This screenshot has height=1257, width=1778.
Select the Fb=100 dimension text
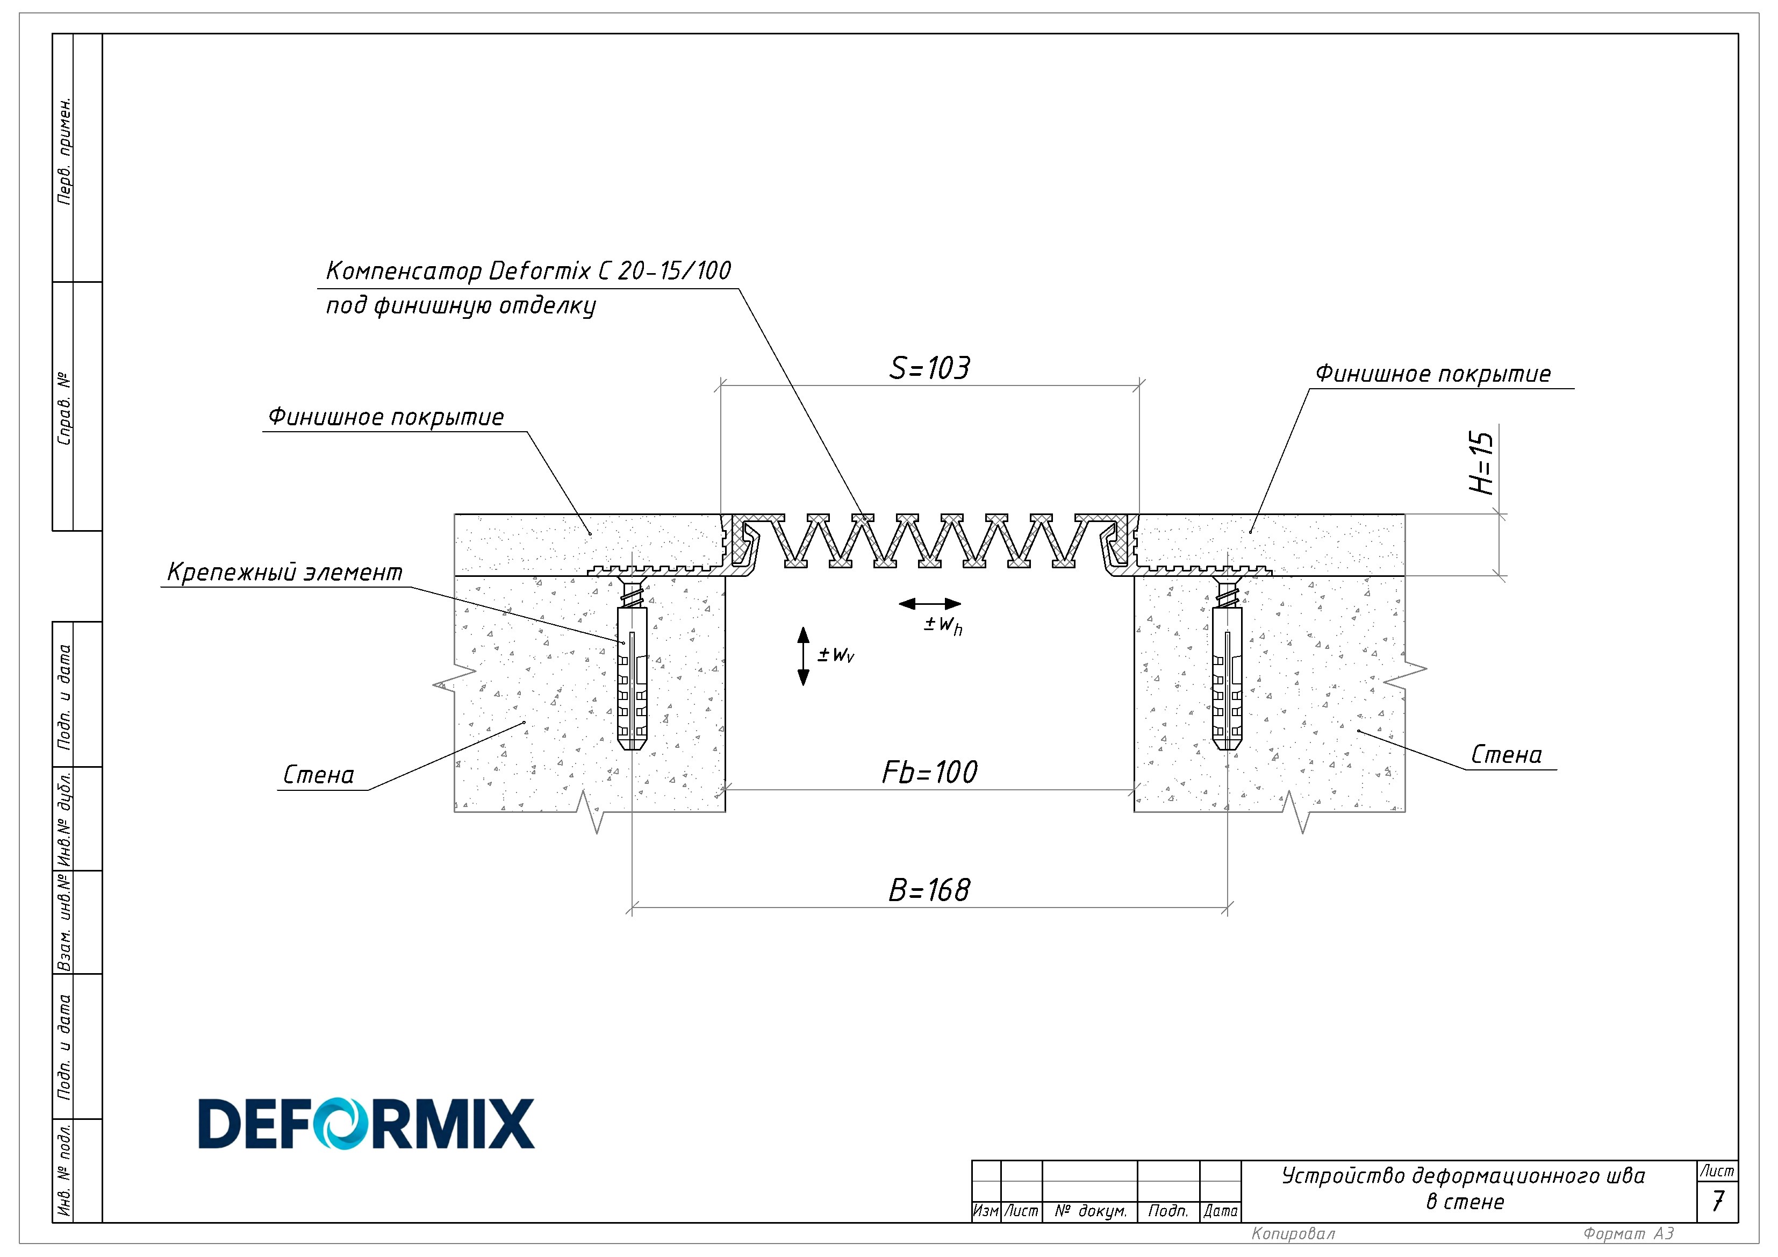[929, 772]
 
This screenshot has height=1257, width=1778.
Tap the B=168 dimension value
[928, 891]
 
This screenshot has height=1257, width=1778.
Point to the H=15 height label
[1481, 462]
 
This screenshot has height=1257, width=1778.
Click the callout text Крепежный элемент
[285, 573]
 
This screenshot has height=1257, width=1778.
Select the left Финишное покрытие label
[386, 417]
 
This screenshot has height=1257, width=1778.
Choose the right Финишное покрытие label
[1432, 374]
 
